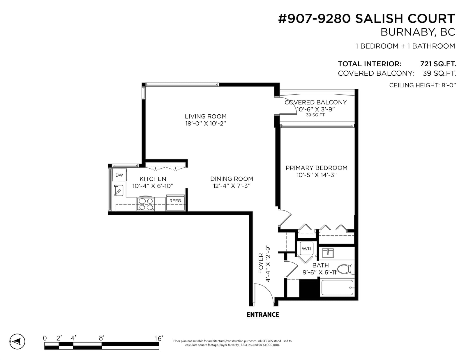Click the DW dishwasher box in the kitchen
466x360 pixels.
[119, 175]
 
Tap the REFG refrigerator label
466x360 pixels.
[175, 201]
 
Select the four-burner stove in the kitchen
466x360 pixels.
[146, 203]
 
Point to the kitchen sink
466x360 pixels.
[118, 190]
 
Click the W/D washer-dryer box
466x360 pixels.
[306, 249]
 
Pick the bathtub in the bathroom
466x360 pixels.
[337, 288]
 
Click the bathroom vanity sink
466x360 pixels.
[328, 253]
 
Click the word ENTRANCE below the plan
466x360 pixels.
[263, 315]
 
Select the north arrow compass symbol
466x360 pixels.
[17, 341]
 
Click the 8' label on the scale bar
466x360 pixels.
[102, 338]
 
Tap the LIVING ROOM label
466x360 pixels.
[206, 116]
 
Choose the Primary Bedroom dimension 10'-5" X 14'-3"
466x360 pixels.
[317, 175]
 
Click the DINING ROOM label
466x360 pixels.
[232, 179]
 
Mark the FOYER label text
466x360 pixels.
[261, 263]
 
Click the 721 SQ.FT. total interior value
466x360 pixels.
[438, 64]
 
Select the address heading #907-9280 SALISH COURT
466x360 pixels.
[366, 18]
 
